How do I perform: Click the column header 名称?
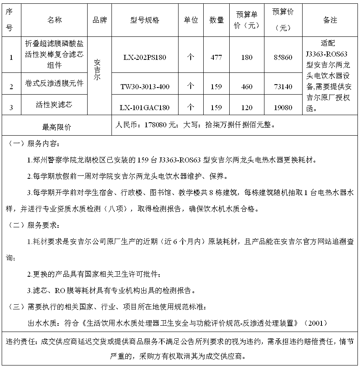[54, 20]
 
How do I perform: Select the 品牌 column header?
[99, 20]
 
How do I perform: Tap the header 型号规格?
[145, 20]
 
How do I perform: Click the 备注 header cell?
[330, 20]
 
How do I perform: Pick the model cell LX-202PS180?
[145, 57]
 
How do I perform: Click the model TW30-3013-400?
[145, 87]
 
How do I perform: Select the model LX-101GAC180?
[145, 108]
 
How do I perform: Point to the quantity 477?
[216, 57]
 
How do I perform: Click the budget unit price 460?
[247, 87]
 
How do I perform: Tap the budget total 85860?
[283, 57]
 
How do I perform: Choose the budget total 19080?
[283, 108]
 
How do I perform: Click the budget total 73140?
[283, 87]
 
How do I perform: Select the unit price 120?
[247, 108]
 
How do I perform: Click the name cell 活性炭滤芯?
[54, 105]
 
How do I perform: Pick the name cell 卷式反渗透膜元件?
[54, 83]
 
